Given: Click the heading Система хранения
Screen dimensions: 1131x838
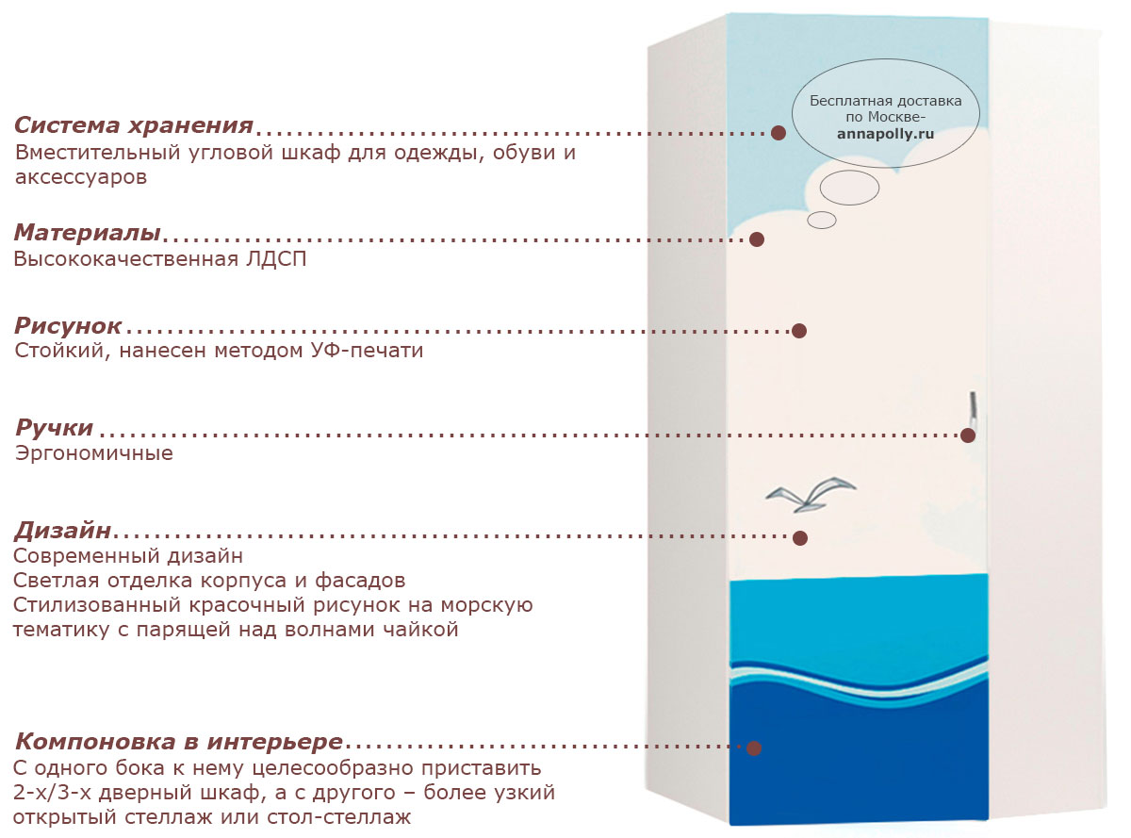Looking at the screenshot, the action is [134, 125].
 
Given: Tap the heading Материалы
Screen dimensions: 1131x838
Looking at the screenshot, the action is [88, 232].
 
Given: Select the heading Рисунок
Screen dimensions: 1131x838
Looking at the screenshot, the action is [68, 325].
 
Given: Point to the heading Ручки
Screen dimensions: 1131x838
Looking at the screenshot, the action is [55, 427].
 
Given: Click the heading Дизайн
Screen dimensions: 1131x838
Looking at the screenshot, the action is [62, 531].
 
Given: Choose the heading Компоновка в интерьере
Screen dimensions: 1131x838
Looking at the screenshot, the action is [178, 741].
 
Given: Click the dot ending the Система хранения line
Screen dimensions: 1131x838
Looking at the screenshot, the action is [779, 133].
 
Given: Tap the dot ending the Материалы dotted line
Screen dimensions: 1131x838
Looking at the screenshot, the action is [757, 239].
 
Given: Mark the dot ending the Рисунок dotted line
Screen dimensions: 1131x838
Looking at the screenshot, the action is [799, 331].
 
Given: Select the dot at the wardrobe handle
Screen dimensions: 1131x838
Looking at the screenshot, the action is [968, 435].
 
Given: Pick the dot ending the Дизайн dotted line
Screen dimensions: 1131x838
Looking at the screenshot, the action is [800, 537].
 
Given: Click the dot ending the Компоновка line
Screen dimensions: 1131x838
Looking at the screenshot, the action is [754, 748].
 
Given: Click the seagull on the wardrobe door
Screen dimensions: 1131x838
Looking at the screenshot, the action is [811, 494].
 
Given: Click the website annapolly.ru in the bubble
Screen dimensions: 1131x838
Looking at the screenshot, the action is [886, 134].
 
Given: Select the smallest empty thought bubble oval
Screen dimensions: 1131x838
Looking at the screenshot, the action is [822, 220].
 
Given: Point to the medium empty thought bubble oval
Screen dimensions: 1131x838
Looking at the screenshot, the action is [849, 188].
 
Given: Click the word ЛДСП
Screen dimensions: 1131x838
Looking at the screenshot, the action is [276, 259].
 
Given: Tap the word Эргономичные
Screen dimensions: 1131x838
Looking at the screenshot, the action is [94, 453].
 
